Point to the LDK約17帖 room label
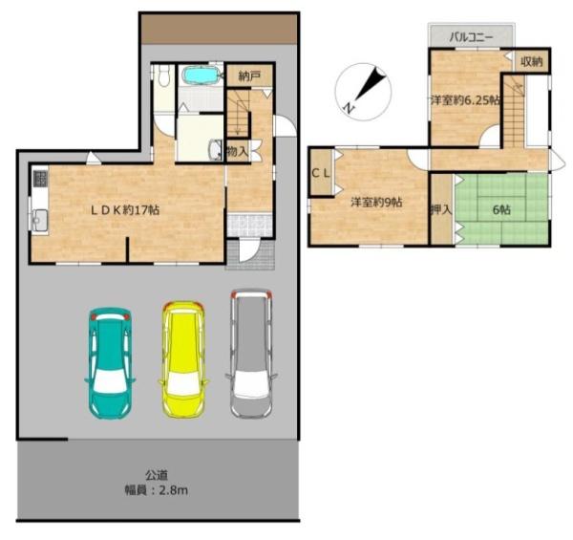[124, 209]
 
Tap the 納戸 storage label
[248, 74]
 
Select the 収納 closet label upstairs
[532, 61]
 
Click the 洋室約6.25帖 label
[462, 99]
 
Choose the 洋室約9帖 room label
[375, 202]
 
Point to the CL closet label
[321, 172]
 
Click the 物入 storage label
[237, 151]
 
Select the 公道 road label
[158, 474]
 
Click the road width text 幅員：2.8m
[158, 490]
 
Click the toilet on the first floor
[163, 78]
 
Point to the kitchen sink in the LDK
[39, 219]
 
